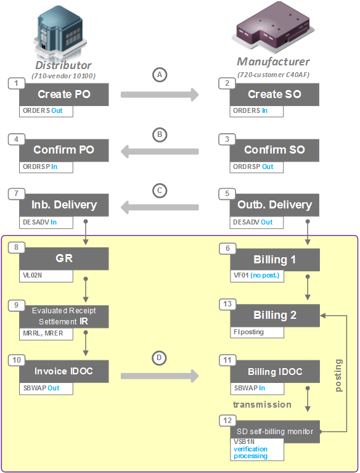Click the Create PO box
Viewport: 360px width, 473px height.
63,94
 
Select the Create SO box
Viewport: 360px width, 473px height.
274,94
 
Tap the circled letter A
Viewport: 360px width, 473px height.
160,75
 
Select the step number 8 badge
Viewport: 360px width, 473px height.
16,247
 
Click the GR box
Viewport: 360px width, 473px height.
63,259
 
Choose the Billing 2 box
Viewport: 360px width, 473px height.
274,315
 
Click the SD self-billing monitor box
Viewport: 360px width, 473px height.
274,432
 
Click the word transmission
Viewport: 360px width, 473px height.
262,405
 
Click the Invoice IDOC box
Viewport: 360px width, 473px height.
63,371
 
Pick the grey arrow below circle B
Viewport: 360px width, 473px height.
160,151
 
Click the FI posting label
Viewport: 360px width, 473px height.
248,332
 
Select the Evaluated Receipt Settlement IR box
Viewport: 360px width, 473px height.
63,316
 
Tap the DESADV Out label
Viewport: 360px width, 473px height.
253,222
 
